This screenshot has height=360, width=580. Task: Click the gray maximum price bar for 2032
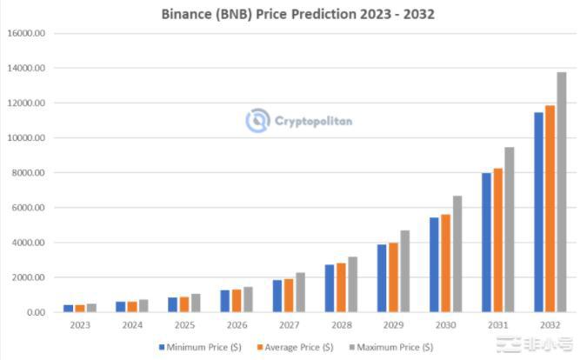[561, 191]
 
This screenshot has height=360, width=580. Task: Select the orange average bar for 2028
[341, 288]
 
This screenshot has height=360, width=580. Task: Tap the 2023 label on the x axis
[79, 326]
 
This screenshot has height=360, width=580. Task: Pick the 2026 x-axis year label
[237, 326]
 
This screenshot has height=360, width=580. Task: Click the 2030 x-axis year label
[445, 326]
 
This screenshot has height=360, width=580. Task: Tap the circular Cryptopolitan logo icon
[257, 121]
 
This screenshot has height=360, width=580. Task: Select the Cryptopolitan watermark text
[313, 121]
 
